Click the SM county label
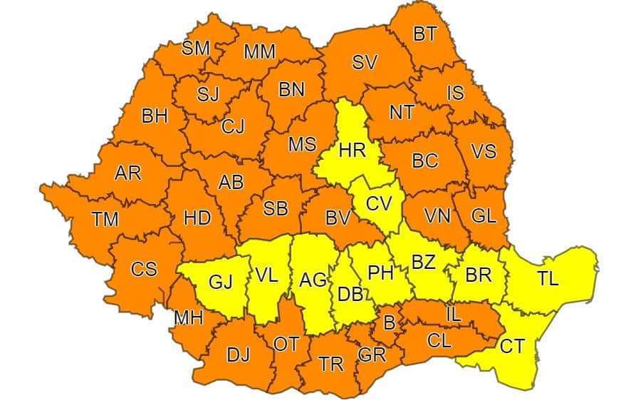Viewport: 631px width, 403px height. pos(196,49)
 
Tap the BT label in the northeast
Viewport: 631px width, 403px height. pos(424,34)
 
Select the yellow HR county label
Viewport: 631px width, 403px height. pos(352,151)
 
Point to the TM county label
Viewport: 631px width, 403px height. pos(105,219)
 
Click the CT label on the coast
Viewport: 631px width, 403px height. pos(511,347)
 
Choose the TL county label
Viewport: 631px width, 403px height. pos(548,279)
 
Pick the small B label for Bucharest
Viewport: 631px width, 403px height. pos(389,322)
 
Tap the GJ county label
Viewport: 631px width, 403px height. pos(220,282)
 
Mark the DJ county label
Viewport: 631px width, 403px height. pos(238,354)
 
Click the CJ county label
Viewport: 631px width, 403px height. pos(233,127)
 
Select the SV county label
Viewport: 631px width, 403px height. pos(364,63)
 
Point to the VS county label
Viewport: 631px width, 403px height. pos(484,152)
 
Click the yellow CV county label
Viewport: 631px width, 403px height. pos(379,204)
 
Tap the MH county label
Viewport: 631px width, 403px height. pos(188,318)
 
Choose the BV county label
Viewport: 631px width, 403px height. pos(338,218)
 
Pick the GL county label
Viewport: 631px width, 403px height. pos(484,215)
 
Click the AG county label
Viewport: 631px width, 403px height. pos(313,280)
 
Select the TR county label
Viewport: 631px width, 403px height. pos(331,364)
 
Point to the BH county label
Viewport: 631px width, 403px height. pos(155,116)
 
